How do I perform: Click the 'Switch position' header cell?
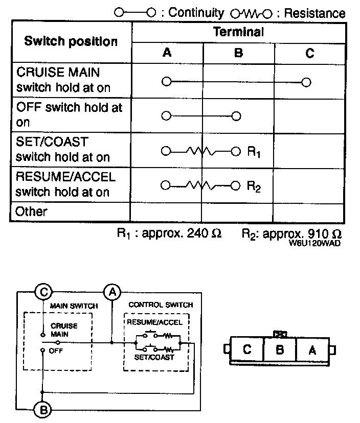[x=71, y=41]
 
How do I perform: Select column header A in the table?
[x=167, y=52]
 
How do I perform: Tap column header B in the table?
[x=238, y=52]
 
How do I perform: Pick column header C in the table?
[x=309, y=52]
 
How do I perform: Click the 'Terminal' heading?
[x=238, y=32]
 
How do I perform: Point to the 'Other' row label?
[x=32, y=212]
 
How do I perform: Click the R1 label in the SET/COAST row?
[x=255, y=152]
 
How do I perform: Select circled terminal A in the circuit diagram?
[x=112, y=292]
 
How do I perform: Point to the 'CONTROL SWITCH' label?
[x=161, y=305]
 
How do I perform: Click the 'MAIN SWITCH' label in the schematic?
[x=74, y=306]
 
